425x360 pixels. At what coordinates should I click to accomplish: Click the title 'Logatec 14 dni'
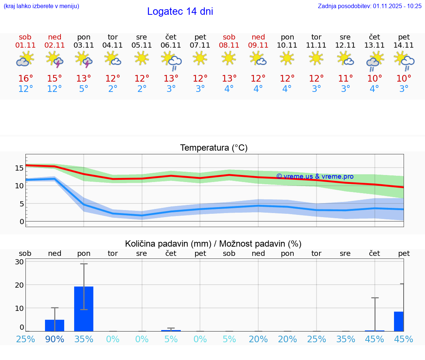[x=180, y=11]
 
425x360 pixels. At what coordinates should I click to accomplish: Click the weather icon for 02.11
[x=55, y=59]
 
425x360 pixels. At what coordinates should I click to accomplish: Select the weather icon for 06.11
[x=171, y=61]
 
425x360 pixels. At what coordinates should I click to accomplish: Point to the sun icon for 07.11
[x=200, y=58]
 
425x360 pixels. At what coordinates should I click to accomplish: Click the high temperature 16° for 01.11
[x=25, y=79]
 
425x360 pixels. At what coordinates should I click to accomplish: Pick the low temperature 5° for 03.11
[x=84, y=89]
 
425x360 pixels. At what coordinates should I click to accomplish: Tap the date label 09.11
[x=258, y=45]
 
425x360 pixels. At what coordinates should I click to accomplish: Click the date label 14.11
[x=404, y=45]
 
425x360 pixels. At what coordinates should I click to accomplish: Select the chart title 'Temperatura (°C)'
[x=214, y=148]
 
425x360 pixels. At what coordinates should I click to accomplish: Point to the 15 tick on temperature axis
[x=19, y=168]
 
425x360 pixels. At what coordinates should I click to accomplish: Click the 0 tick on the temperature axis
[x=22, y=222]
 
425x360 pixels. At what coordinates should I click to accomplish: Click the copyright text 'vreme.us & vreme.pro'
[x=315, y=176]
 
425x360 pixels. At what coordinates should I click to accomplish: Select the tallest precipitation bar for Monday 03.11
[x=84, y=309]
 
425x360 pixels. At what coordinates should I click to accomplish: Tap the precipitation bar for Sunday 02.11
[x=55, y=325]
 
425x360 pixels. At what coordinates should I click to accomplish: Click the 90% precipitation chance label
[x=55, y=339]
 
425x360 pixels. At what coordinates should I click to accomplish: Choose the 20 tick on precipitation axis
[x=19, y=285]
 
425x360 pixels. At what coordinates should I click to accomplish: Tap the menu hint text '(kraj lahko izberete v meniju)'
[x=41, y=6]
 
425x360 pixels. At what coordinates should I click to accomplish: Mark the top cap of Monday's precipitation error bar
[x=84, y=264]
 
